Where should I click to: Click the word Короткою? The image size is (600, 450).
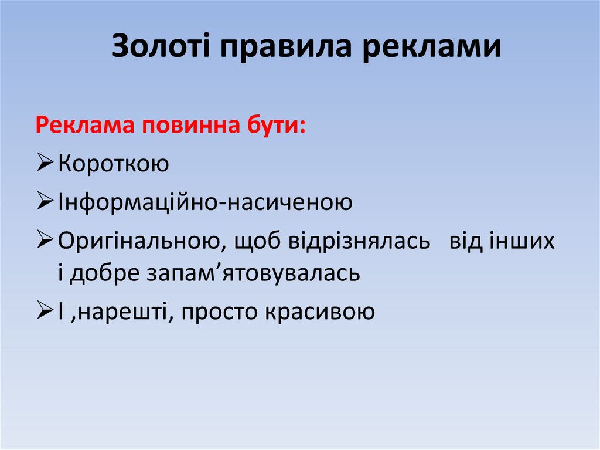114,164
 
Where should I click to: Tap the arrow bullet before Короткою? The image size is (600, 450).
45,164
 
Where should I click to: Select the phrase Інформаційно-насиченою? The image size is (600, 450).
205,202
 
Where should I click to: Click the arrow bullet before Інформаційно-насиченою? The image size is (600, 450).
45,202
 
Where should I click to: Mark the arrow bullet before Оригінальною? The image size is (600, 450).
45,241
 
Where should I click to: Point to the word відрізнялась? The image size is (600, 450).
359,241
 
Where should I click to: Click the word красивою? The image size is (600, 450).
320,312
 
